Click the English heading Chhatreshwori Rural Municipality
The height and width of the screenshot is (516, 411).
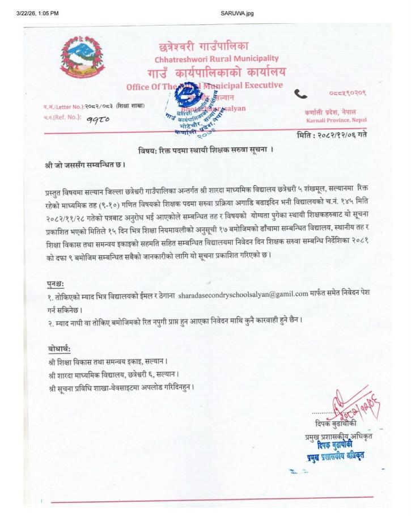[x=217, y=58]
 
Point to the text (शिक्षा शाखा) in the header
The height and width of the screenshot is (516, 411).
[x=132, y=106]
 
